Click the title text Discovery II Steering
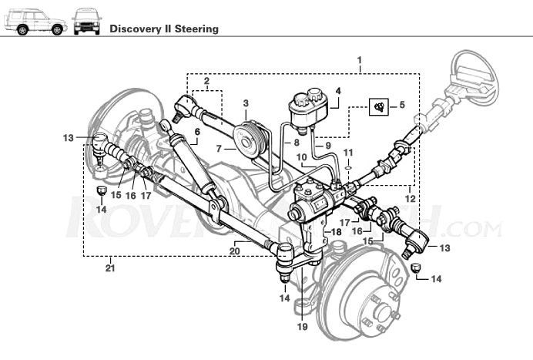(163, 29)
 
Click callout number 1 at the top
(360, 60)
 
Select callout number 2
(206, 81)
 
